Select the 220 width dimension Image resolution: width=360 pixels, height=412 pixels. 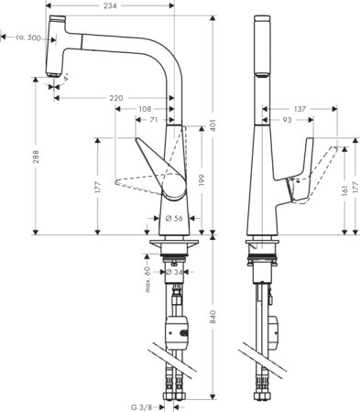(x=116, y=96)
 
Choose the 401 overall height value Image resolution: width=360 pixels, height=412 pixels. (x=213, y=125)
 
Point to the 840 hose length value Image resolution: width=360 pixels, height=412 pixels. (x=213, y=317)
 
